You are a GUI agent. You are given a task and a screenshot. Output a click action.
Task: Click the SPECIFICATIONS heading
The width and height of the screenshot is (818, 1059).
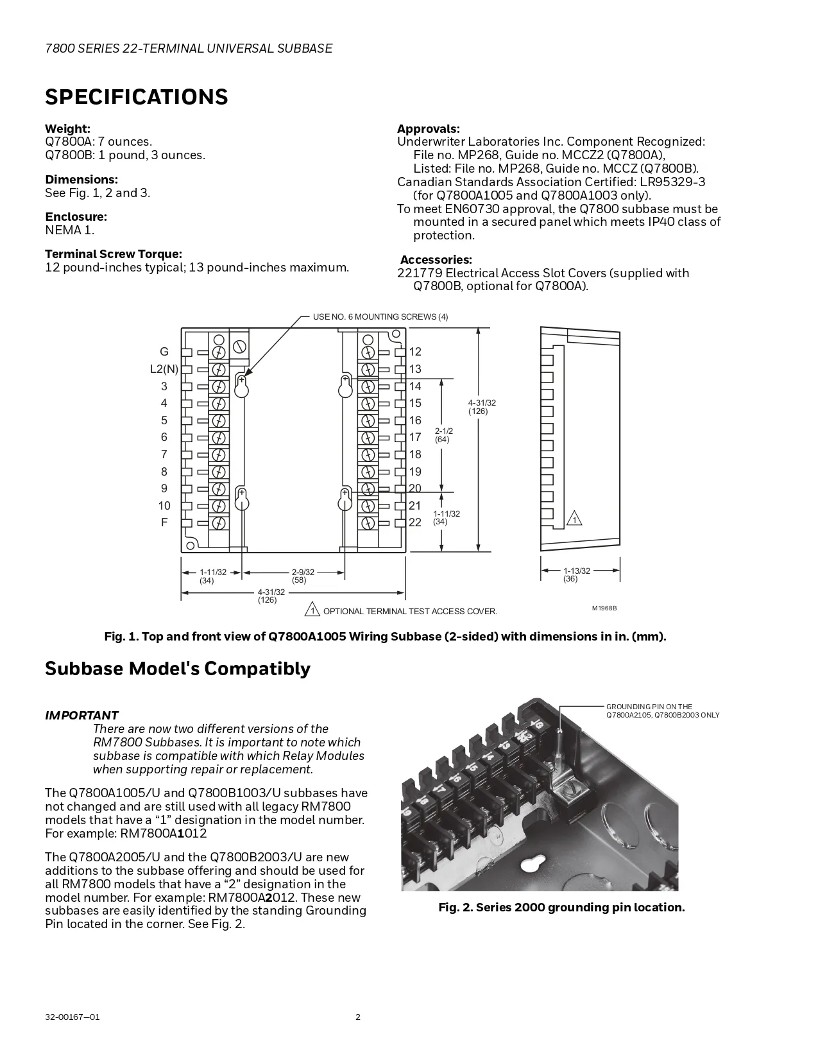[136, 97]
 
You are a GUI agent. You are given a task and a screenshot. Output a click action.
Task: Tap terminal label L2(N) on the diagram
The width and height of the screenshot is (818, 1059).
[164, 369]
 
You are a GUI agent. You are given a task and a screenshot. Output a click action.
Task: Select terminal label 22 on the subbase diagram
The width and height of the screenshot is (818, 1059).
[415, 522]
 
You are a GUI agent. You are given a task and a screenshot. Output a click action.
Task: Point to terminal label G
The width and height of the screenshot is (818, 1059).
[164, 352]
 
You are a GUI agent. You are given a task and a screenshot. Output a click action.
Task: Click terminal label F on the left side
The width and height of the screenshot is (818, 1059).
[164, 522]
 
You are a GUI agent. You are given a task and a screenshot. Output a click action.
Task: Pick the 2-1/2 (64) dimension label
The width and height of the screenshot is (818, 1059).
[443, 435]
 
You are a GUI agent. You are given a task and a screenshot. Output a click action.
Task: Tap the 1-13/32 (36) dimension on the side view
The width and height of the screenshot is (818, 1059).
[576, 574]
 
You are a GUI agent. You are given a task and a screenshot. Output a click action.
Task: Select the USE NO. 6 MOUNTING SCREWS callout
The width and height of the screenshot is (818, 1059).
[380, 317]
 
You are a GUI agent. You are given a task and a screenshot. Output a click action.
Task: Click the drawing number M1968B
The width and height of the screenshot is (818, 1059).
[604, 608]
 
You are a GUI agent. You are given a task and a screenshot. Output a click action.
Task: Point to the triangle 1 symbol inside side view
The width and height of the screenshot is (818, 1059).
[575, 519]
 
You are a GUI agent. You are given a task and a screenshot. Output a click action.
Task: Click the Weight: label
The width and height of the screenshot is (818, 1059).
[67, 129]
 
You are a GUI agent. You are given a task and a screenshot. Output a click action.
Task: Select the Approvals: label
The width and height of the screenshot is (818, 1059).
[428, 129]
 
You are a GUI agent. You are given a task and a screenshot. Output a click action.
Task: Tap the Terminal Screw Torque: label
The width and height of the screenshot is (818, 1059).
[114, 254]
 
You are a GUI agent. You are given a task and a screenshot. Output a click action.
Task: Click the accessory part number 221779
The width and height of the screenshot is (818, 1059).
[420, 273]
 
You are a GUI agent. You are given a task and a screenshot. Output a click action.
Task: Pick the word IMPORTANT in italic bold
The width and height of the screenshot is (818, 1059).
[81, 715]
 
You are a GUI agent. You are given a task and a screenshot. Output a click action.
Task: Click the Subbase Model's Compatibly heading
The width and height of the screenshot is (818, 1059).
[177, 669]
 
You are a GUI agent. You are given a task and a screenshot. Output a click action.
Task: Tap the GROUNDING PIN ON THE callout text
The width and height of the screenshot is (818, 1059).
[649, 707]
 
